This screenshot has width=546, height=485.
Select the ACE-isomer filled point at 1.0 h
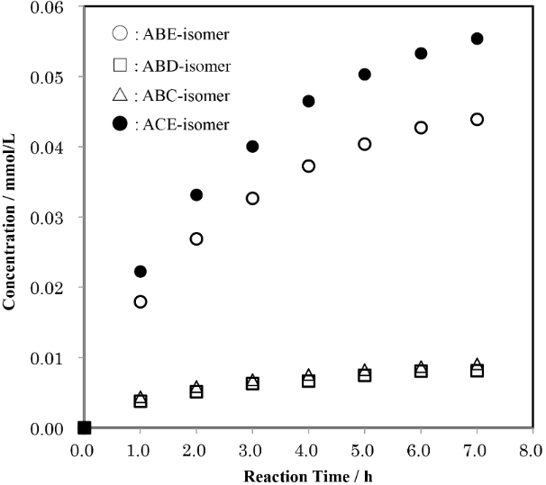click(140, 272)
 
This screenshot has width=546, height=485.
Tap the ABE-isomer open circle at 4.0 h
click(308, 166)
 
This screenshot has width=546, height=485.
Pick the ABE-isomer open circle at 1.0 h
click(140, 301)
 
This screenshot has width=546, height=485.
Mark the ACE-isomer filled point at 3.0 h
click(252, 147)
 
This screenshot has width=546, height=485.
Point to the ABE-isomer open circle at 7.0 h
click(478, 120)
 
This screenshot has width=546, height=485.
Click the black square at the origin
click(84, 427)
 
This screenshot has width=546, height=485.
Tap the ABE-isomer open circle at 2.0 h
click(196, 238)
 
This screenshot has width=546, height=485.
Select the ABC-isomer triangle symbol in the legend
click(121, 95)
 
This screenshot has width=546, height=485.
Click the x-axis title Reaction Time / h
click(308, 474)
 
